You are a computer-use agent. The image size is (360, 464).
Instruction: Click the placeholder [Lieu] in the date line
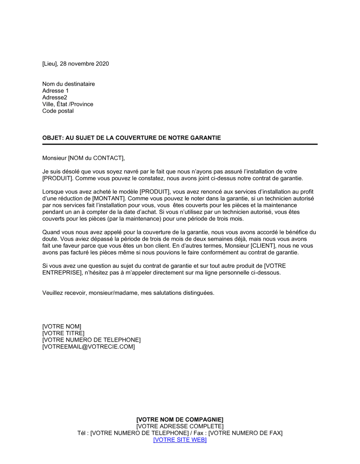point(50,64)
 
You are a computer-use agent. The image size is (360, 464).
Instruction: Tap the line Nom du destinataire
point(68,84)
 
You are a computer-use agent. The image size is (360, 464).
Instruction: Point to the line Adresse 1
point(55,91)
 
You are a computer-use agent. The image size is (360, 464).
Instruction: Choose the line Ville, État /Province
point(68,104)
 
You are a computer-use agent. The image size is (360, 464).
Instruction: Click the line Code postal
point(58,111)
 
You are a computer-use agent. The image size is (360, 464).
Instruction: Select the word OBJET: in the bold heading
point(53,138)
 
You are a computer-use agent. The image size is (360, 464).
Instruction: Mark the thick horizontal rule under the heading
point(180,144)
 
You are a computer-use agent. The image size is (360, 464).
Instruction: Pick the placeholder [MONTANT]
point(109,199)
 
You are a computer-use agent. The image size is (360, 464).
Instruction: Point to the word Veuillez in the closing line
point(53,293)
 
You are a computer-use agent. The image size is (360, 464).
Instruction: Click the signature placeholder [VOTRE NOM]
point(62,327)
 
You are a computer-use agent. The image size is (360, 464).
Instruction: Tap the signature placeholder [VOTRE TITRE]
point(63,333)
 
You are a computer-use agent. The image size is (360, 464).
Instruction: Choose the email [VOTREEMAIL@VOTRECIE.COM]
point(89,347)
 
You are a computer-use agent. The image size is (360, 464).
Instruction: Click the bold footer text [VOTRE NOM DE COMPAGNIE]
point(180,420)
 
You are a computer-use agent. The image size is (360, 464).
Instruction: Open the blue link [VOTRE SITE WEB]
point(180,440)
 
